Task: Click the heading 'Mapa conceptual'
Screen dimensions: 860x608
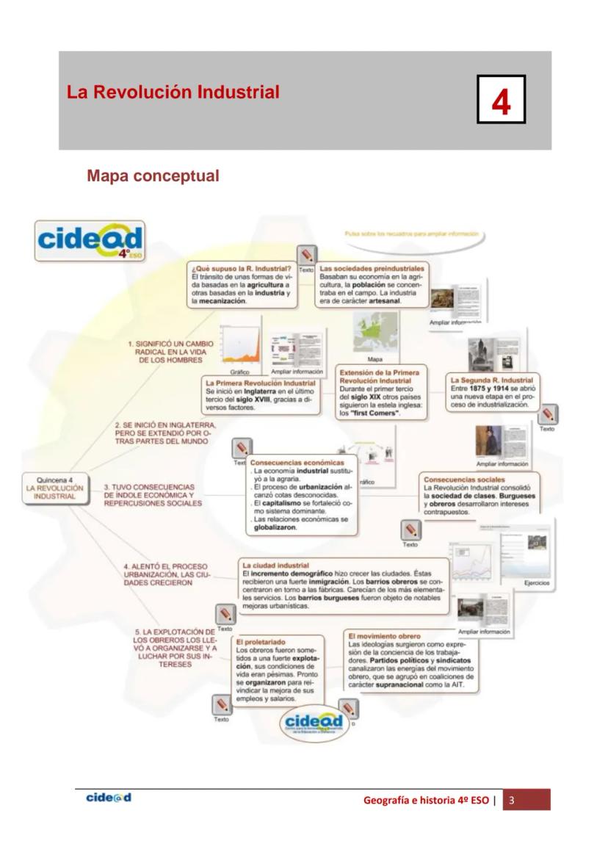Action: click(x=153, y=176)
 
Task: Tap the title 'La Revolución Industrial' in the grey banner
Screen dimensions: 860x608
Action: click(x=173, y=93)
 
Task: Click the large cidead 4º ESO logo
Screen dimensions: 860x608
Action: click(x=90, y=240)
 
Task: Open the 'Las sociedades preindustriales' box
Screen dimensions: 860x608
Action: click(x=372, y=284)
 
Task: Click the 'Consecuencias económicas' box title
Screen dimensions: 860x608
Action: click(x=297, y=463)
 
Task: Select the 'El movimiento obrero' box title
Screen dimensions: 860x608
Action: click(x=384, y=635)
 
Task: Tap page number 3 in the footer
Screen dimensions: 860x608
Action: click(x=513, y=800)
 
